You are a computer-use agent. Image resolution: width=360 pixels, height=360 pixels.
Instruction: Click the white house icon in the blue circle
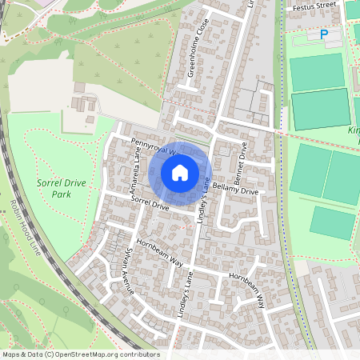pyautogui.click(x=180, y=172)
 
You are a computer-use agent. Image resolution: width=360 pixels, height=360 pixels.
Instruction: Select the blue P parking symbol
pyautogui.click(x=324, y=35)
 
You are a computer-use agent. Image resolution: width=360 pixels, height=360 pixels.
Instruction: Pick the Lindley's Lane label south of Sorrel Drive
pyautogui.click(x=190, y=297)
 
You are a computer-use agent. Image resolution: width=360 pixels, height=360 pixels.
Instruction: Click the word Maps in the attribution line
pyautogui.click(x=11, y=354)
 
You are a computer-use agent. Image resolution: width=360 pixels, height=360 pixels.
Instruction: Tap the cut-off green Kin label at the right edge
pyautogui.click(x=354, y=130)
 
